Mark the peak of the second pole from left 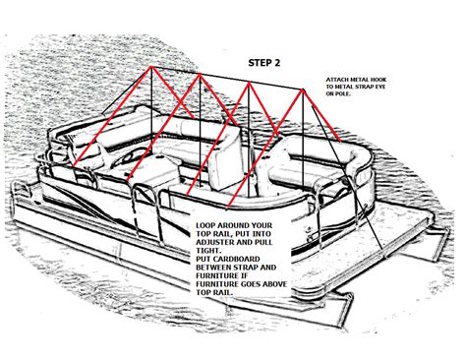(201, 81)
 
